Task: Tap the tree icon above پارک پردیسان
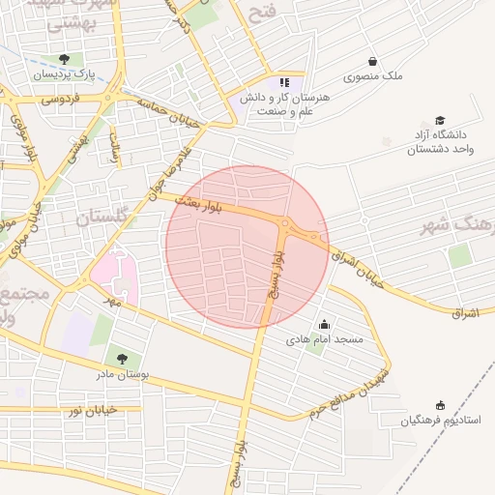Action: [64, 59]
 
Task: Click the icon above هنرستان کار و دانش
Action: [283, 82]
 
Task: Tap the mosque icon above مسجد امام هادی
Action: [323, 325]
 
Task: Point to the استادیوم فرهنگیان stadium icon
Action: [441, 405]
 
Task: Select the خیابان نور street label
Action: [92, 411]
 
